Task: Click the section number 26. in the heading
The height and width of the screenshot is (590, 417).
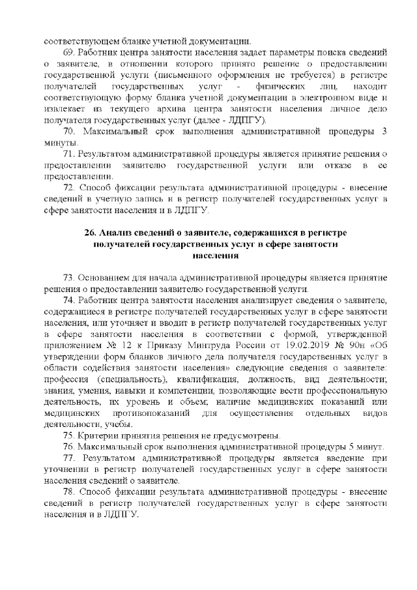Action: click(91, 233)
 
